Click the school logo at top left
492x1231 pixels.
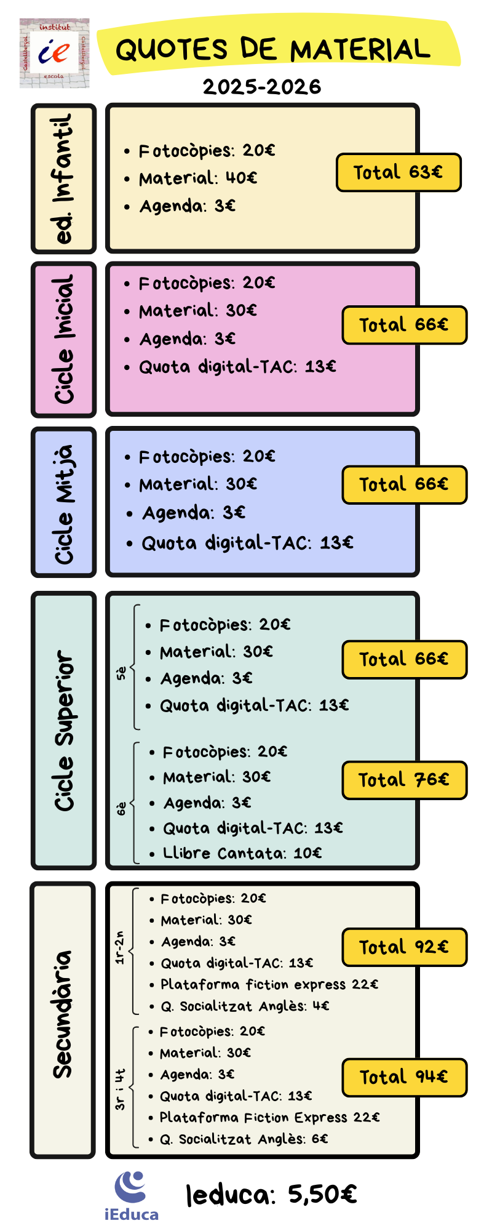pyautogui.click(x=54, y=53)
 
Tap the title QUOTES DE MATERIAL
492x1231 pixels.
pyautogui.click(x=273, y=49)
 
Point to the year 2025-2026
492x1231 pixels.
pyautogui.click(x=262, y=87)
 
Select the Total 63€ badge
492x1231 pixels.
pyautogui.click(x=398, y=172)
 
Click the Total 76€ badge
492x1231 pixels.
pyautogui.click(x=404, y=780)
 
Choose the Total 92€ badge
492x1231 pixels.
pyautogui.click(x=404, y=947)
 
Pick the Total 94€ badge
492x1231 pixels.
pyautogui.click(x=404, y=1077)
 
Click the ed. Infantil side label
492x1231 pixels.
pyautogui.click(x=64, y=178)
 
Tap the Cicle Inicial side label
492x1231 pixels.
pyautogui.click(x=64, y=339)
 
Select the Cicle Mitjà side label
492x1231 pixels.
pyautogui.click(x=64, y=502)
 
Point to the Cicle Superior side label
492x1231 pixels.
pyautogui.click(x=64, y=730)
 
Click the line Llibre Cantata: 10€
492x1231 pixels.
pyautogui.click(x=242, y=853)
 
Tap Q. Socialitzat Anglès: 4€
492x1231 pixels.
pyautogui.click(x=245, y=1006)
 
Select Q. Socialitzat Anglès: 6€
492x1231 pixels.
pyautogui.click(x=244, y=1139)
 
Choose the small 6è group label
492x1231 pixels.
pyautogui.click(x=122, y=808)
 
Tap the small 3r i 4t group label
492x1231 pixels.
pyautogui.click(x=121, y=1089)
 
